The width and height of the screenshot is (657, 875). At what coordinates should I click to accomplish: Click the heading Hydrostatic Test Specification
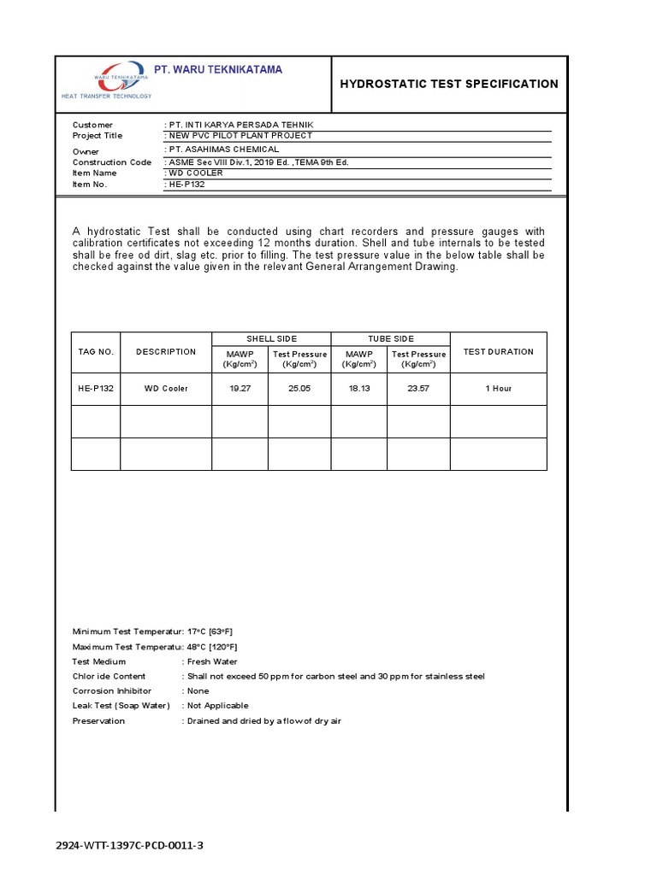pyautogui.click(x=449, y=84)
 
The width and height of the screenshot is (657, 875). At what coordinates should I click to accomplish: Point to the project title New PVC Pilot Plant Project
pyautogui.click(x=239, y=136)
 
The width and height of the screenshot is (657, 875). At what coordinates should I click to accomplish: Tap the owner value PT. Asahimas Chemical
pyautogui.click(x=222, y=150)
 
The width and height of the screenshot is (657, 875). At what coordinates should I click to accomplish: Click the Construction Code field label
pyautogui.click(x=112, y=162)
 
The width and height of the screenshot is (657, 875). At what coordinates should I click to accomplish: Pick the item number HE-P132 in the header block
pyautogui.click(x=186, y=184)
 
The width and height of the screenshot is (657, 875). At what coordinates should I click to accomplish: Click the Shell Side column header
pyautogui.click(x=271, y=339)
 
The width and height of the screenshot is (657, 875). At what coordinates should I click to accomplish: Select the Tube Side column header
pyautogui.click(x=390, y=339)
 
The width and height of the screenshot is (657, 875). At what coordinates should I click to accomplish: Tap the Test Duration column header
pyautogui.click(x=498, y=351)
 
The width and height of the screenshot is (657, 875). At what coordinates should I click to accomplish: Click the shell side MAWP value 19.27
pyautogui.click(x=240, y=388)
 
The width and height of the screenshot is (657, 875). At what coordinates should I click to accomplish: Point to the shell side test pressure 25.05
pyautogui.click(x=299, y=388)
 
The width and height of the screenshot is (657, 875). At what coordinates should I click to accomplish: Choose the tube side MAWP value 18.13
pyautogui.click(x=359, y=388)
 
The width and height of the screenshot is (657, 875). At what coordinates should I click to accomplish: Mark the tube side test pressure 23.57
pyautogui.click(x=419, y=388)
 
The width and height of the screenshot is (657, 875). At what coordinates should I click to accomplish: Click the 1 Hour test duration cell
pyautogui.click(x=498, y=388)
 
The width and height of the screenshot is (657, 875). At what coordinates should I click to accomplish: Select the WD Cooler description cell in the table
pyautogui.click(x=166, y=388)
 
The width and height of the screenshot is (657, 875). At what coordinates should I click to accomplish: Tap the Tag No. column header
pyautogui.click(x=96, y=351)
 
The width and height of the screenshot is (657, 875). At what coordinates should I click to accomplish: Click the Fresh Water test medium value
pyautogui.click(x=211, y=661)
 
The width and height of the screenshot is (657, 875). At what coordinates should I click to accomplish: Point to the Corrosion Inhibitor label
pyautogui.click(x=111, y=690)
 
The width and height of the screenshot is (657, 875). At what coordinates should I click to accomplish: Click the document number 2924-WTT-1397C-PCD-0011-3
pyautogui.click(x=129, y=846)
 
